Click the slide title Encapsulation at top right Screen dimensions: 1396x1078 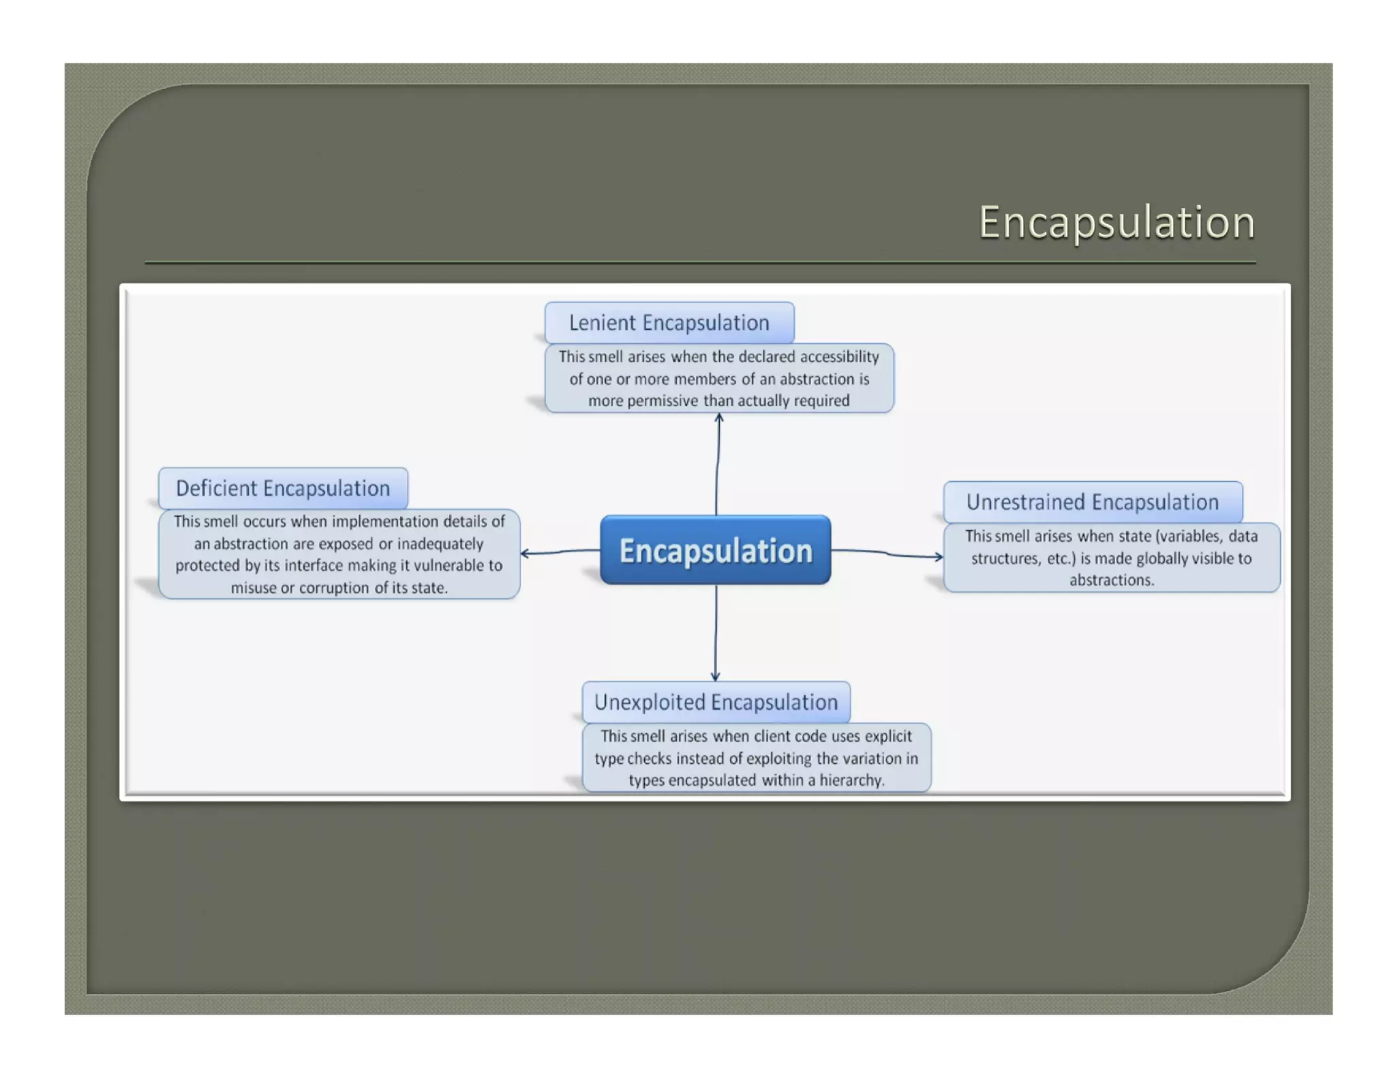coord(1116,222)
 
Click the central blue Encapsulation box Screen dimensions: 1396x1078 coord(715,550)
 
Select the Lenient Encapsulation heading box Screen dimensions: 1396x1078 coord(669,322)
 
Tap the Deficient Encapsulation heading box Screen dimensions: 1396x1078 coord(283,488)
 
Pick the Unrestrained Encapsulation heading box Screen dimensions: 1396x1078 coord(1092,502)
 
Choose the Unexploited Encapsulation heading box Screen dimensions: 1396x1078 coord(716,702)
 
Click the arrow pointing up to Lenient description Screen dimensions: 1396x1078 coord(717,463)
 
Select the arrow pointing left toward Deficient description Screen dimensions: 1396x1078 coord(559,551)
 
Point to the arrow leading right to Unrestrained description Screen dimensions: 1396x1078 coord(886,553)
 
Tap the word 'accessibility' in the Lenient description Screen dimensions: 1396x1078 coord(839,356)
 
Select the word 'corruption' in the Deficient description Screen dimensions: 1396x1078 coord(334,587)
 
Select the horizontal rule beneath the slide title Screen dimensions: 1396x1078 coord(699,262)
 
